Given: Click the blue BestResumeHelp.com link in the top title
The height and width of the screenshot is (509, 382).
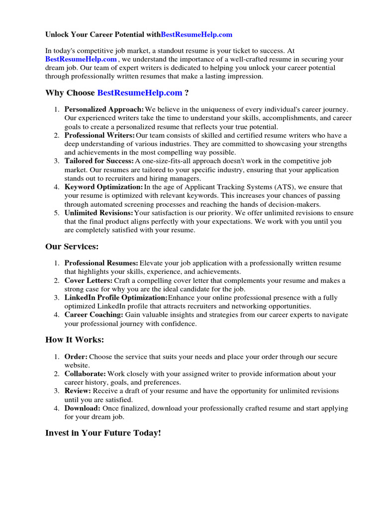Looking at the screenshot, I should pos(197,35).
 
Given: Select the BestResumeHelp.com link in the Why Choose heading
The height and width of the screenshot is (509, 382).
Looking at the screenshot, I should pos(140,93).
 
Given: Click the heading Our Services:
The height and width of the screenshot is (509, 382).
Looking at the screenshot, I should pos(72,247).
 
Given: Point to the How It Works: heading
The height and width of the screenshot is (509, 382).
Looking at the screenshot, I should pos(75,340).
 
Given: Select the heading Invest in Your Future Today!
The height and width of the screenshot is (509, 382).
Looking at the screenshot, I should pos(103,433).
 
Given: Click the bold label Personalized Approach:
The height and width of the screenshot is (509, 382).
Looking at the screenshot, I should pos(104,109).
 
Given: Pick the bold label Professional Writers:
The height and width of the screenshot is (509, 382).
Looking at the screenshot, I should pos(99,135).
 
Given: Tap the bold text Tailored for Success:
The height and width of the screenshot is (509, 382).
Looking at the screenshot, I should pos(99,161).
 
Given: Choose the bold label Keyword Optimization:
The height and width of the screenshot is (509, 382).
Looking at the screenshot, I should pos(103,187).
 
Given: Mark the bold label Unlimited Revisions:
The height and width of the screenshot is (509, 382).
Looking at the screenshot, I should pos(98,213).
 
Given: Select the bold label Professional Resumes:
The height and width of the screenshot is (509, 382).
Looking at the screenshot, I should pos(101,263).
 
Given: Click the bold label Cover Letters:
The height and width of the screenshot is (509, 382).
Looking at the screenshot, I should pos(89,281).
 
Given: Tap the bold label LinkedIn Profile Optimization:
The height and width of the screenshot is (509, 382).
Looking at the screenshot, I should pos(116,298).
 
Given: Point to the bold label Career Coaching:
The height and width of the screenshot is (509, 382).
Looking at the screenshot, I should pos(94,315).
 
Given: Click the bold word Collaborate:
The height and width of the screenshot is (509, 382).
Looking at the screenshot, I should pos(85,373).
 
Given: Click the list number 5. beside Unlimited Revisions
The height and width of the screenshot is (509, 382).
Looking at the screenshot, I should pos(57,213).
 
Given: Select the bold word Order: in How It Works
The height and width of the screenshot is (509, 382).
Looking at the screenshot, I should pos(76,356).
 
